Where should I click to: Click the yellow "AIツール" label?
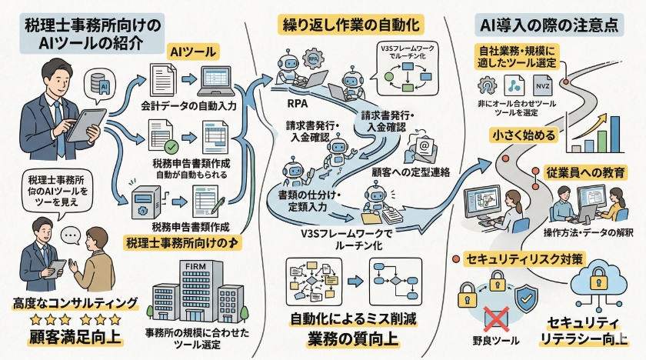coord(192,52)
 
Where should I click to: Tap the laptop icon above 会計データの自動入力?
coord(221,80)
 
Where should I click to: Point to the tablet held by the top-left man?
coord(86,122)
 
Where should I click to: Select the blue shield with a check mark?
coord(527,296)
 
